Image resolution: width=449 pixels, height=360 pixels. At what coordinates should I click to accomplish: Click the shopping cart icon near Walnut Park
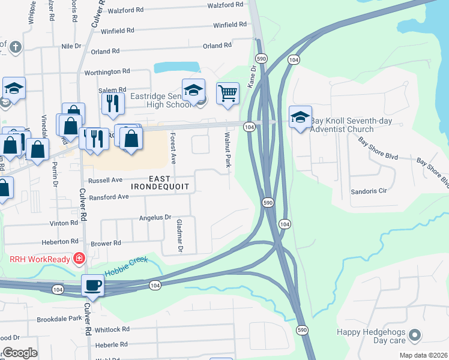tap(228, 94)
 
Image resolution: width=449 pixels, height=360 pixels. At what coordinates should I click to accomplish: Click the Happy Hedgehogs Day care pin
tap(414, 335)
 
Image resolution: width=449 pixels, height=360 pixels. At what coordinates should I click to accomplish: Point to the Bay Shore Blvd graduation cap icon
tap(300, 116)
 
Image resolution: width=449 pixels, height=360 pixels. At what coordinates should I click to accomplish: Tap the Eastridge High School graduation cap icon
tap(193, 90)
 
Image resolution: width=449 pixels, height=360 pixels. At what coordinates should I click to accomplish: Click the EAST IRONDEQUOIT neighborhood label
tap(161, 182)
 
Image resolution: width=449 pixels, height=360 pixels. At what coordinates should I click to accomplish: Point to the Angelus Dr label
tap(155, 217)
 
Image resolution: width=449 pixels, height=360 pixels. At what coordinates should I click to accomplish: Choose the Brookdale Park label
tap(59, 319)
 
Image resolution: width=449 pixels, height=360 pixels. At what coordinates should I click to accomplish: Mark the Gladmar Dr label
tap(178, 235)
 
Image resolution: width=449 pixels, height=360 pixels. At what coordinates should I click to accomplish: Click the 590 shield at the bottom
tap(302, 331)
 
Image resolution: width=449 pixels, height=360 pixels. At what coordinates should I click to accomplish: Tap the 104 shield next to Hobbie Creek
tap(155, 285)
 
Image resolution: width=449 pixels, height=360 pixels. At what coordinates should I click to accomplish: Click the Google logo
tap(20, 353)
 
